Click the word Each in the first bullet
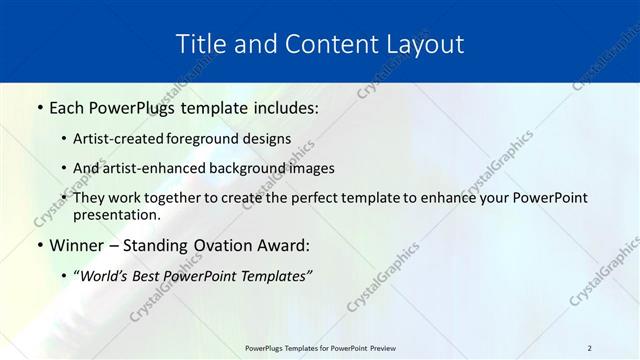point(68,107)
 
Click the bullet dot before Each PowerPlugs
point(39,107)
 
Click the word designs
point(271,140)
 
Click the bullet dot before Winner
point(39,246)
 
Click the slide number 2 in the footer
point(589,348)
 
